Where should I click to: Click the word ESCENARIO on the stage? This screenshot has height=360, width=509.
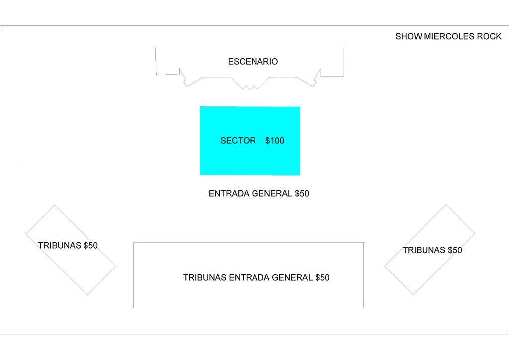click(x=253, y=62)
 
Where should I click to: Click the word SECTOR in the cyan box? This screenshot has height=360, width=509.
click(x=238, y=141)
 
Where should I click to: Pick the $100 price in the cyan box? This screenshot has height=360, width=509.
click(x=275, y=141)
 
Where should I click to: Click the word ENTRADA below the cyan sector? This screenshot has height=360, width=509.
click(x=229, y=194)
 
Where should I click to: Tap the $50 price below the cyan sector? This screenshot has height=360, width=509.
click(x=302, y=194)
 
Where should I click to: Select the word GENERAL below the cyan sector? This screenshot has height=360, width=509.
click(x=272, y=194)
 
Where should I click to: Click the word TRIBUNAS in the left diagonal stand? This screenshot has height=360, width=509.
click(x=60, y=245)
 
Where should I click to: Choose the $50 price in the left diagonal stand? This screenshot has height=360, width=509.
click(x=90, y=245)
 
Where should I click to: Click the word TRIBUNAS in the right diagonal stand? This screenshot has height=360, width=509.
click(x=424, y=250)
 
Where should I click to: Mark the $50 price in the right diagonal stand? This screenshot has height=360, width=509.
click(x=455, y=250)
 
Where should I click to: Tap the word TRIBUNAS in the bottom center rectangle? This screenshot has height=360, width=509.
click(x=205, y=278)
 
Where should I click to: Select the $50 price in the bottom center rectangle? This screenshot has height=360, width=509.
click(x=322, y=278)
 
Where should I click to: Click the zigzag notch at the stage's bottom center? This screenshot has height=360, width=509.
click(x=250, y=88)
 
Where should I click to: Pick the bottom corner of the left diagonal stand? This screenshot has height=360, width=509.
click(x=87, y=295)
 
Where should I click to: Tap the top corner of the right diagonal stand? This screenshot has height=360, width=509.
click(x=446, y=205)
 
